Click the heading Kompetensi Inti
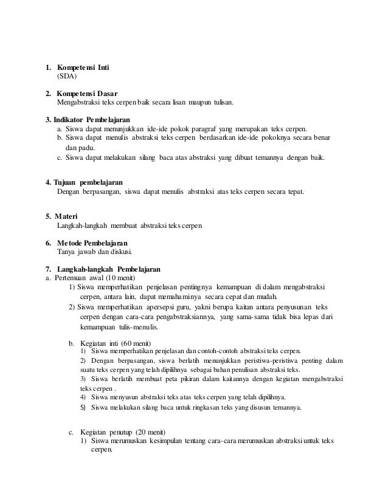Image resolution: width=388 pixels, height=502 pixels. [83, 66]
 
